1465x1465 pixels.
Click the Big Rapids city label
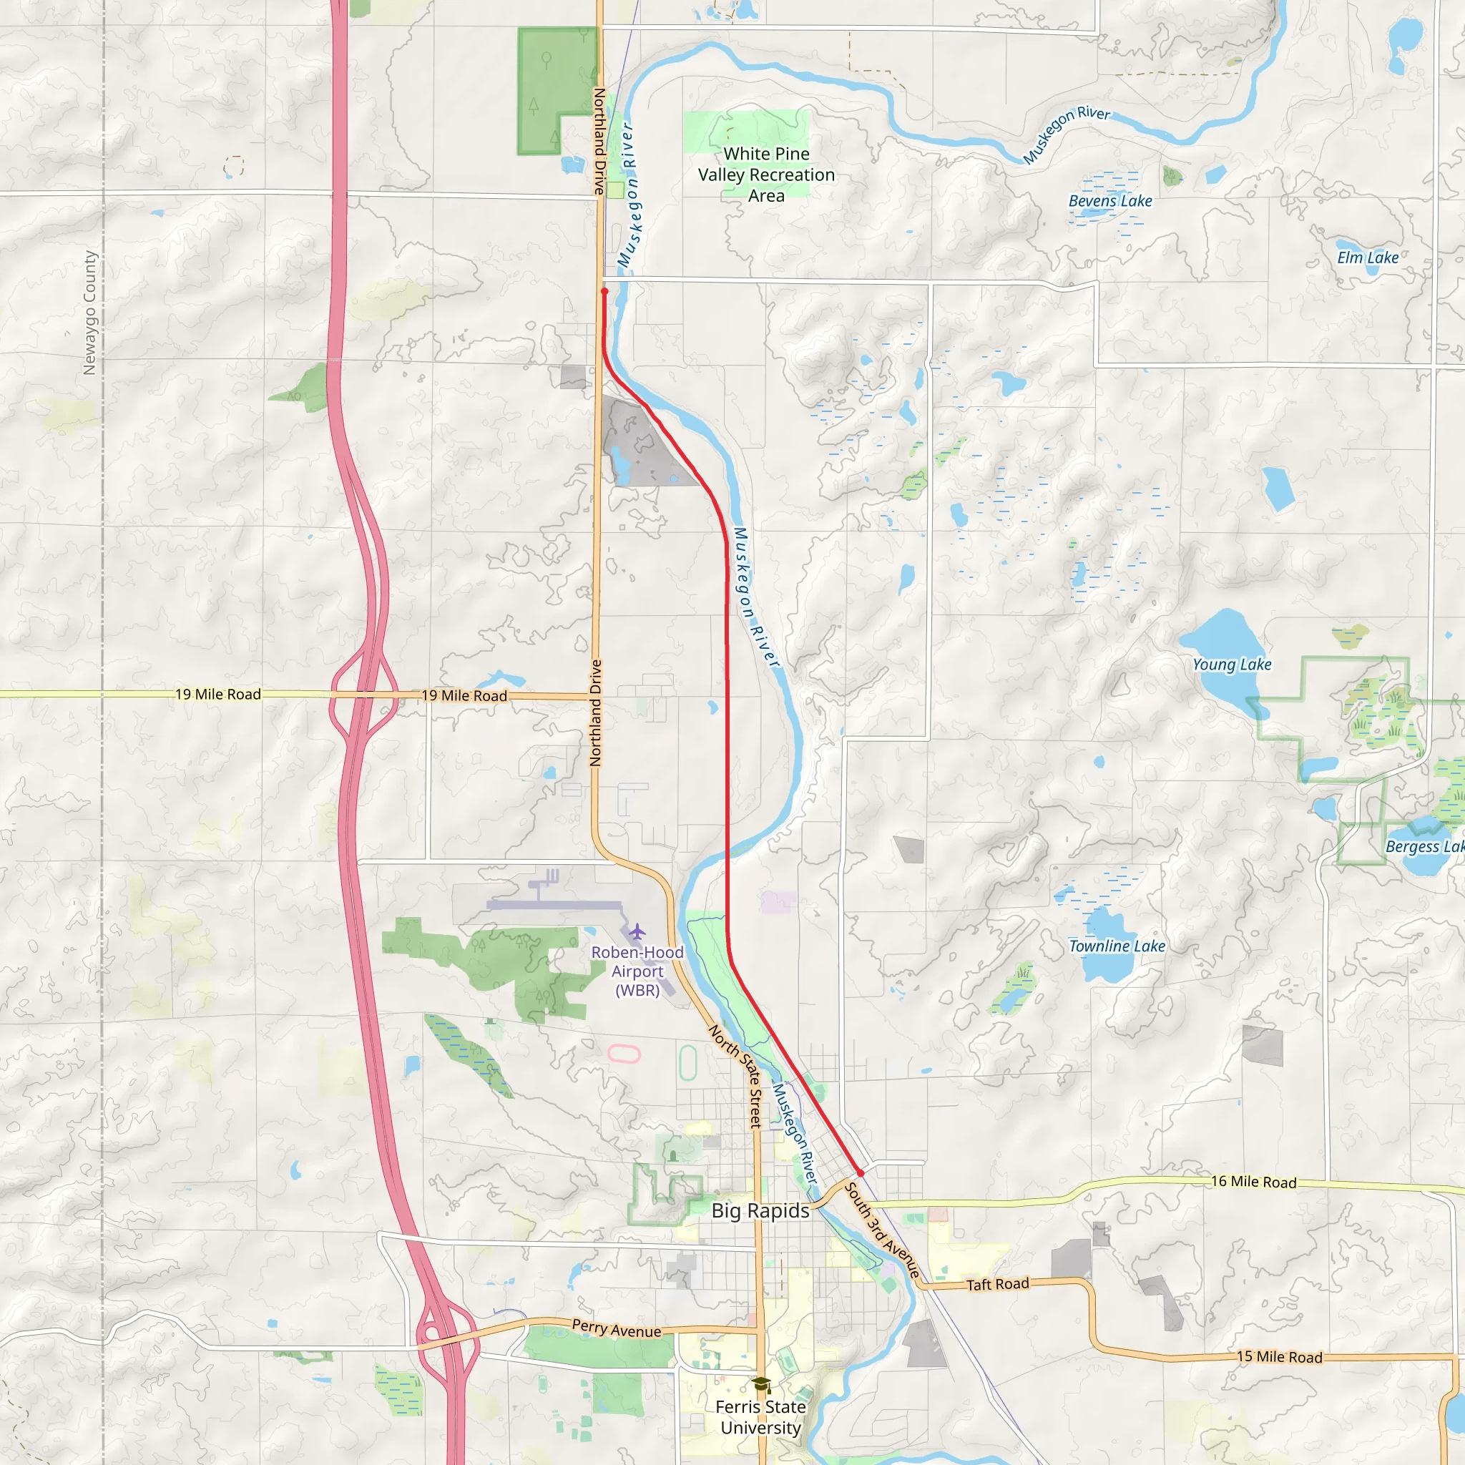tap(760, 1210)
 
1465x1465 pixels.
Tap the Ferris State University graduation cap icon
tap(760, 1386)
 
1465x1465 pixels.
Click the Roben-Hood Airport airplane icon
tap(637, 931)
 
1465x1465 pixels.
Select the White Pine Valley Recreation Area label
tap(766, 175)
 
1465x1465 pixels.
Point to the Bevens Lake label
tap(1109, 201)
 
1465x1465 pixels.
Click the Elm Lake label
tap(1367, 258)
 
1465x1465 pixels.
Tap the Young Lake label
tap(1232, 665)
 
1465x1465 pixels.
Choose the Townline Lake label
tap(1116, 946)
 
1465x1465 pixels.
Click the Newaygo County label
tap(90, 313)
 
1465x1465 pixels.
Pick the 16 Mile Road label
tap(1253, 1182)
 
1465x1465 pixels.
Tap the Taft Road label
tap(997, 1284)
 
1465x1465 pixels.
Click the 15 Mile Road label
tap(1279, 1356)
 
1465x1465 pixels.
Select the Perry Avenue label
tap(616, 1328)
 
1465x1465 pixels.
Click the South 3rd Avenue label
tap(882, 1230)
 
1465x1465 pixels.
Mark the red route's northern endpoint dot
tap(604, 291)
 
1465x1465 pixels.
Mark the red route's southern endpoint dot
tap(861, 1173)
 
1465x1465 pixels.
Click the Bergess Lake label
tap(1424, 847)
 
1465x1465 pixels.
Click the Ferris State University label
tap(760, 1417)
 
